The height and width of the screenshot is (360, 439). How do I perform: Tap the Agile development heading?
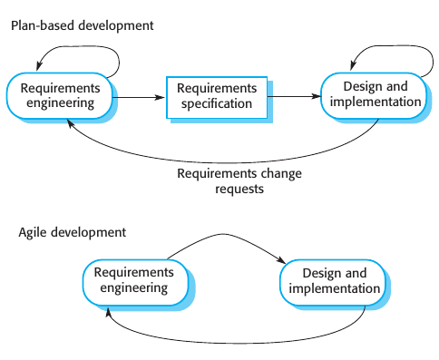[x=73, y=232]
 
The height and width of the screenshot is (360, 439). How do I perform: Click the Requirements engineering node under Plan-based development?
[x=60, y=96]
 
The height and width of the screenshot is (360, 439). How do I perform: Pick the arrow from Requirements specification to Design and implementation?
[x=296, y=96]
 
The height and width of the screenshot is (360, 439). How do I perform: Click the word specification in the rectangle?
[x=218, y=104]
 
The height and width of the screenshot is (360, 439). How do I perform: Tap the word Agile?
[x=34, y=232]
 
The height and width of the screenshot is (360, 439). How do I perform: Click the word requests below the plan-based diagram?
[x=240, y=190]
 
